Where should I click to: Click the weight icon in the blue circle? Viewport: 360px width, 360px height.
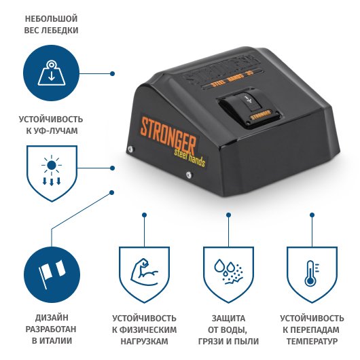(51, 73)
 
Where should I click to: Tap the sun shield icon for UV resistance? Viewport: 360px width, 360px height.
(52, 173)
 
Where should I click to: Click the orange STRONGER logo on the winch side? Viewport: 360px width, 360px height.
(168, 136)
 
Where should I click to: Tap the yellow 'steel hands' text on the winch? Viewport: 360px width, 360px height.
(190, 158)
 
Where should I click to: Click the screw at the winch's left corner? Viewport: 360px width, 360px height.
(130, 149)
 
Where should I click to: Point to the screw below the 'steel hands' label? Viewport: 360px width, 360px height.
(189, 175)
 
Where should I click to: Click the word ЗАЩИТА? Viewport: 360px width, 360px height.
(228, 319)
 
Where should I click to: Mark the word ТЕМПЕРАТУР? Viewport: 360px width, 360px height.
(312, 341)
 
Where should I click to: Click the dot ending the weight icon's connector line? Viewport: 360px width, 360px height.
(112, 74)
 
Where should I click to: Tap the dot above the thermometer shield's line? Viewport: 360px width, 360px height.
(312, 215)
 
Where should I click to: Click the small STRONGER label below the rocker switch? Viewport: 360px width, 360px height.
(261, 114)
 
